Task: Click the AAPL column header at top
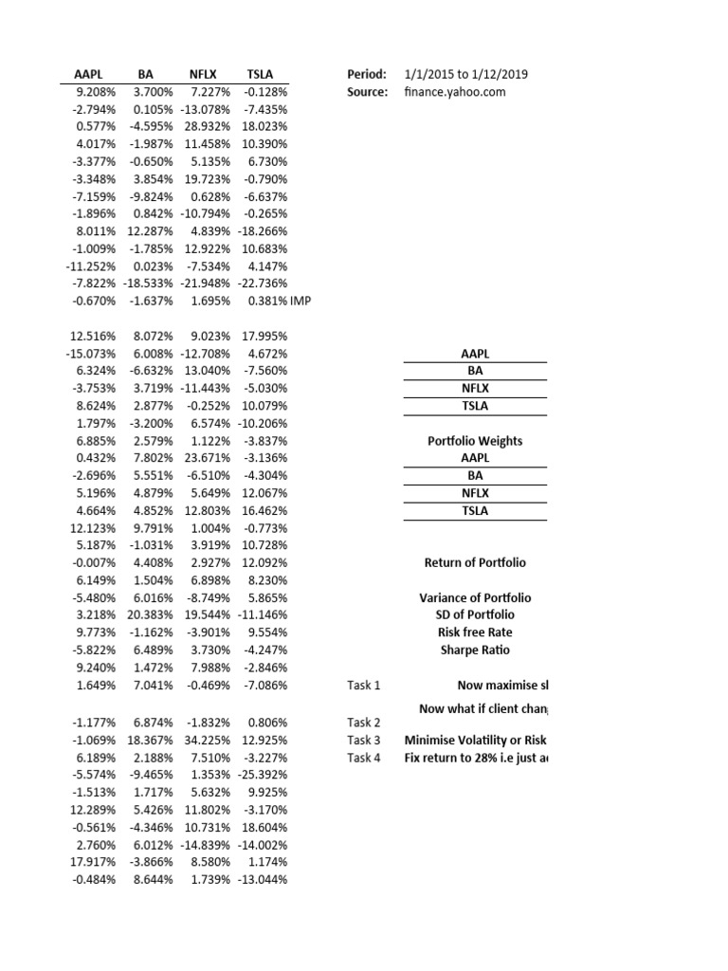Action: tap(88, 74)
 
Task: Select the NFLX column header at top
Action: tap(203, 74)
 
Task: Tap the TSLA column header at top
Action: tap(259, 74)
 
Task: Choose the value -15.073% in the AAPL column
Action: tap(91, 353)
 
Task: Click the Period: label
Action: tap(367, 74)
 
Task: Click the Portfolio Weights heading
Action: tap(475, 441)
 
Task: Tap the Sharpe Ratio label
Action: tap(475, 650)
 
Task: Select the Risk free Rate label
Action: tap(475, 632)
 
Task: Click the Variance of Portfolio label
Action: tap(475, 597)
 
